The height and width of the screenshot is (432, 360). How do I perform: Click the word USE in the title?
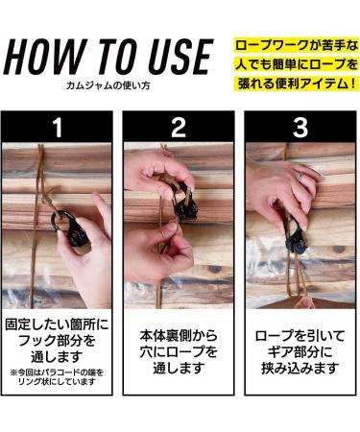[x=179, y=57]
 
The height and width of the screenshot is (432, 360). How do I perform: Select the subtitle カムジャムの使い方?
[x=108, y=85]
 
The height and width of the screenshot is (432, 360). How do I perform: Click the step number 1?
[x=58, y=128]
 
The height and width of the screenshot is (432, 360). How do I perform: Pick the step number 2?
[x=179, y=128]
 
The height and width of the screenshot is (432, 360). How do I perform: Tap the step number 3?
[x=300, y=128]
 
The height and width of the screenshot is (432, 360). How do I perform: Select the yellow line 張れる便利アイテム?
[x=297, y=84]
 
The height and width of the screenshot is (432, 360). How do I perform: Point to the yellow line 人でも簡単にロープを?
[x=297, y=64]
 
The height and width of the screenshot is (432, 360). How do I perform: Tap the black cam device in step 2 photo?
[x=183, y=204]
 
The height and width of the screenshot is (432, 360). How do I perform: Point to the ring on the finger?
[x=300, y=176]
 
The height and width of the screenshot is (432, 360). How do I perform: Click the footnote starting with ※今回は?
[x=57, y=377]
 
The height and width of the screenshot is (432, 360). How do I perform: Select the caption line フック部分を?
[x=57, y=340]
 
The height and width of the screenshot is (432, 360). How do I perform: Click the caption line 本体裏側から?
[x=179, y=336]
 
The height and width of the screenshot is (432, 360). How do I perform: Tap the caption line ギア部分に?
[x=300, y=352]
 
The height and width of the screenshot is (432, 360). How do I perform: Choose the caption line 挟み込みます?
[x=300, y=369]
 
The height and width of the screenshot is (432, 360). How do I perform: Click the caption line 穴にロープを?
[x=179, y=352]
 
